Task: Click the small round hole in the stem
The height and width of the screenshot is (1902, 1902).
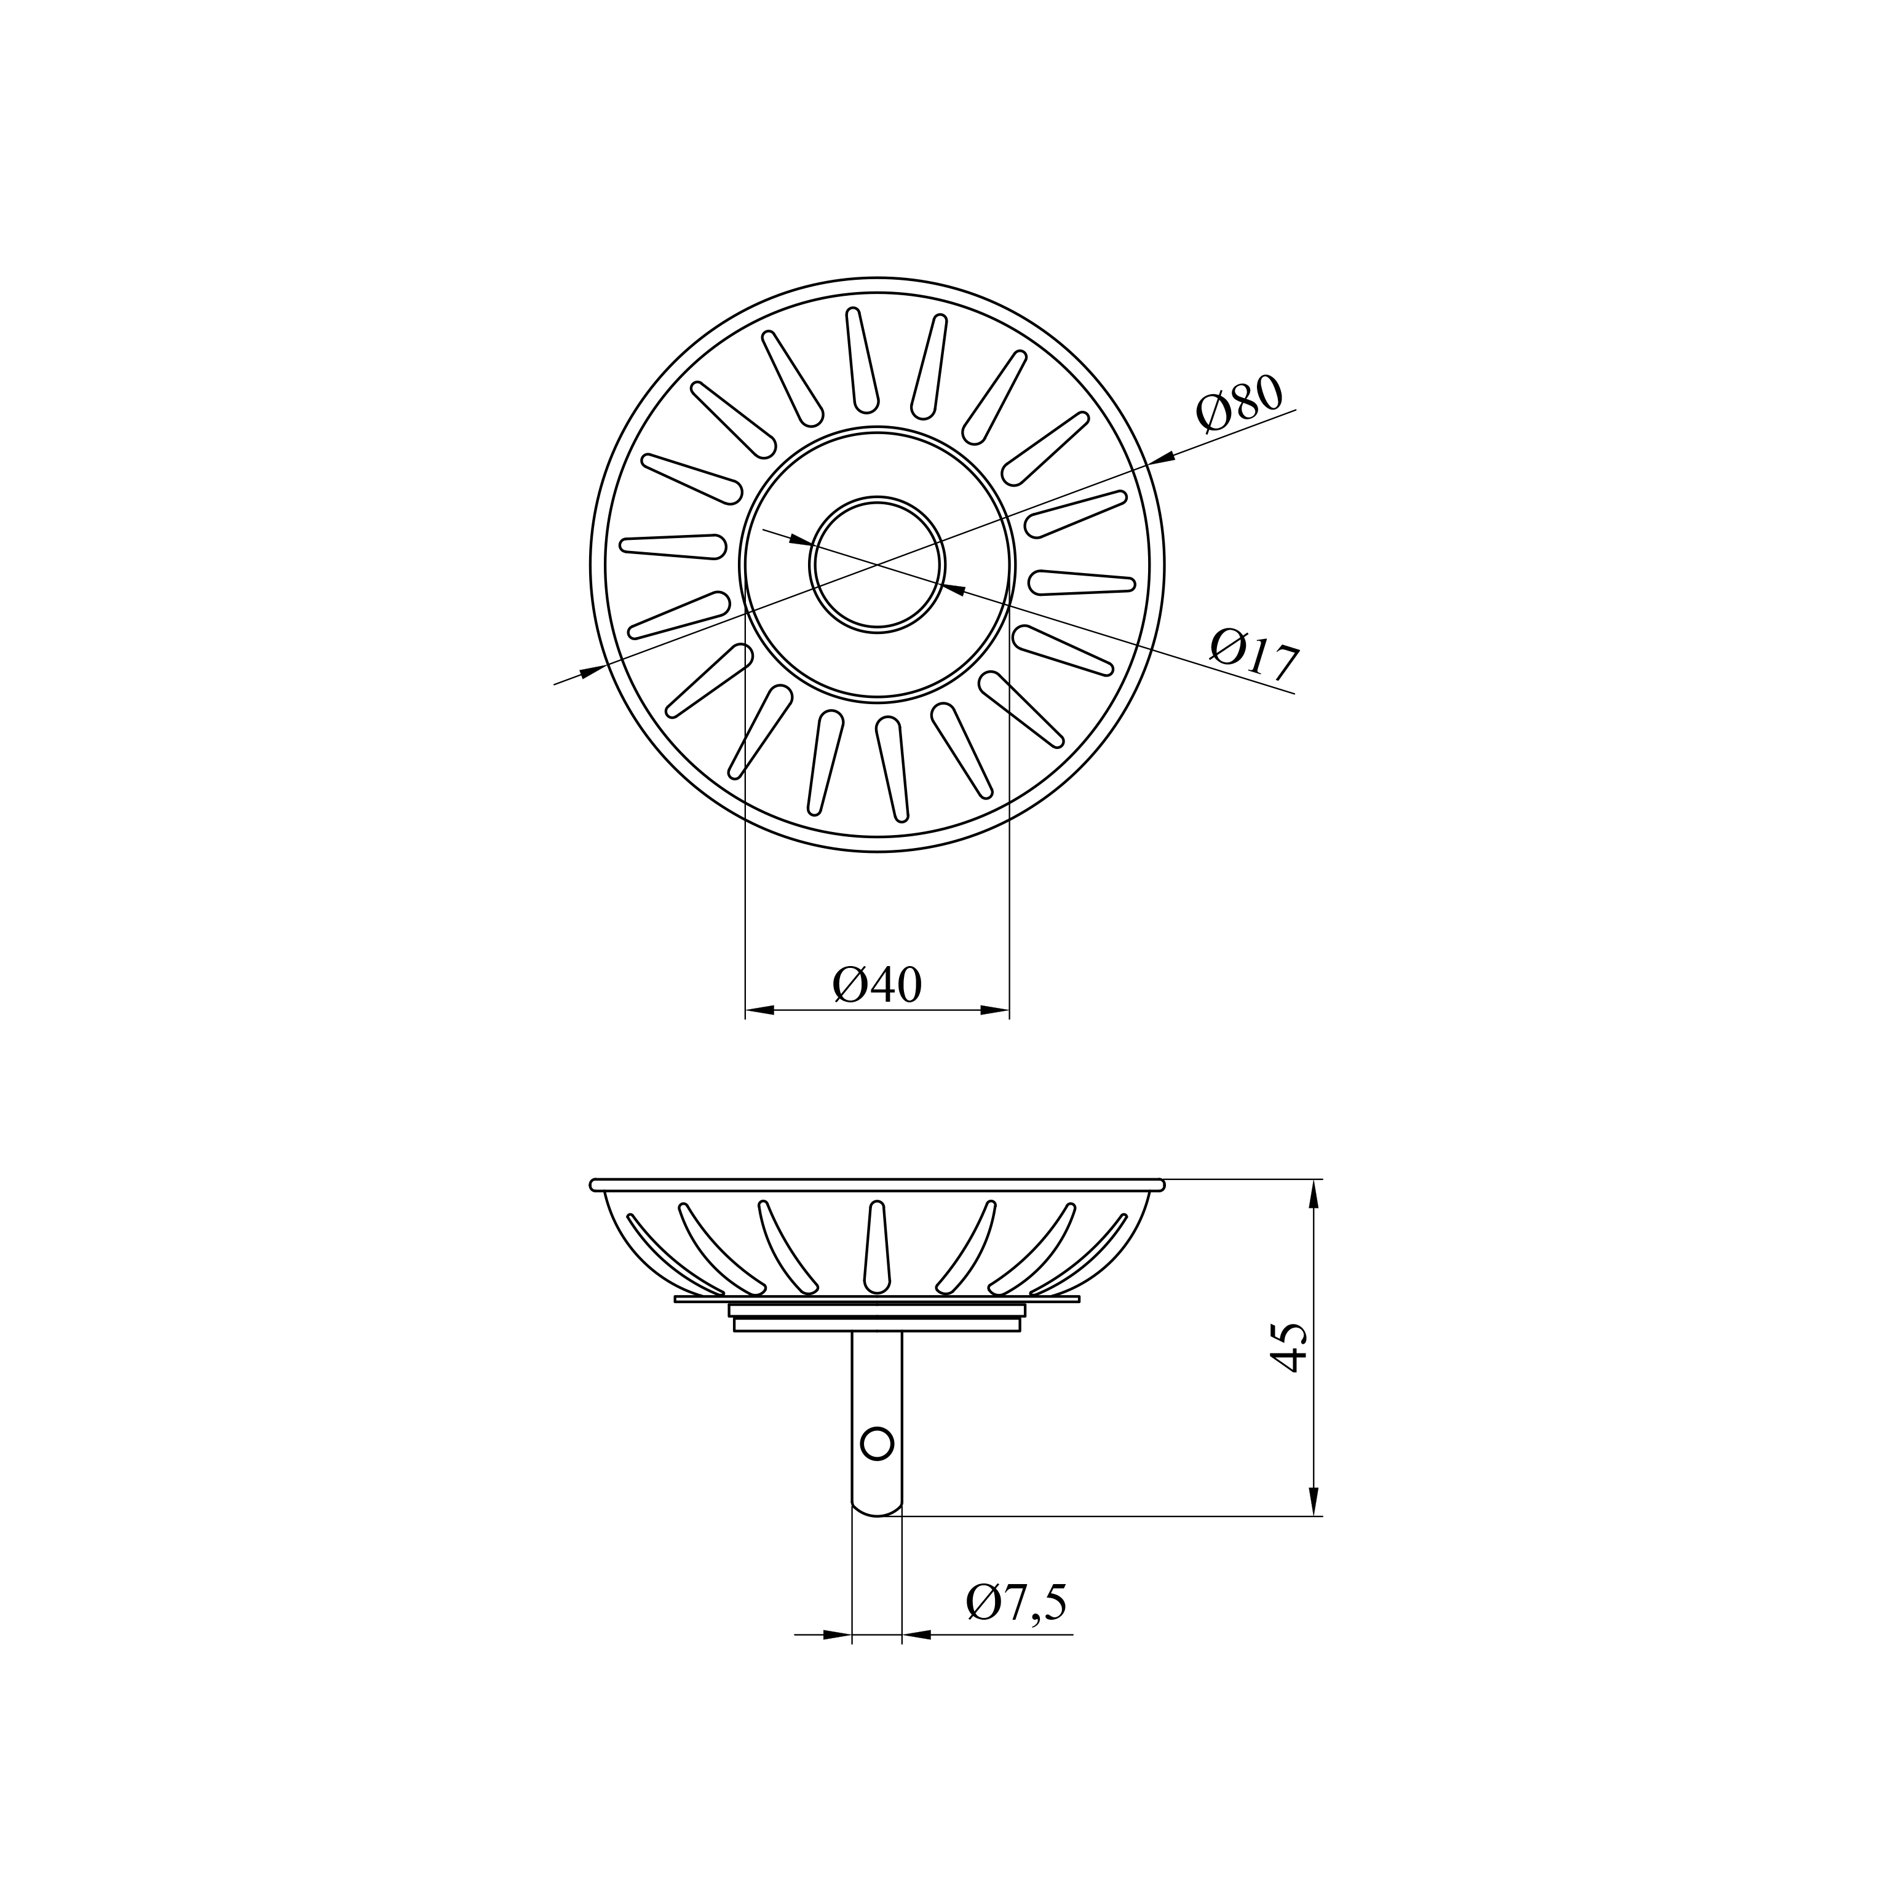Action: pyautogui.click(x=876, y=1444)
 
